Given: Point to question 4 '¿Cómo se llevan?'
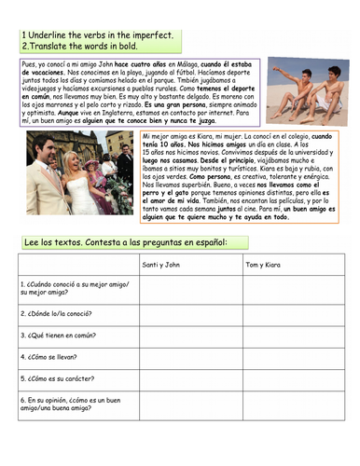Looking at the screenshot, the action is (x=52, y=355).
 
